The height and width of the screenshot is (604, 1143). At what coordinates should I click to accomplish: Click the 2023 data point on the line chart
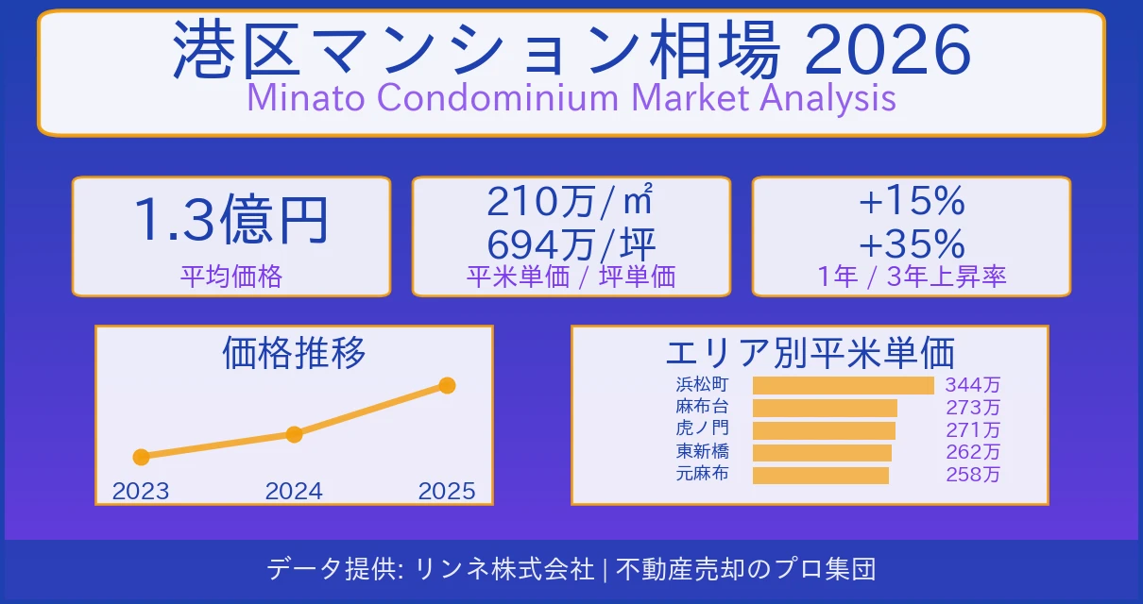(141, 457)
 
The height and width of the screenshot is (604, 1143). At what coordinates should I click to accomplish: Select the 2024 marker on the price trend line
(294, 434)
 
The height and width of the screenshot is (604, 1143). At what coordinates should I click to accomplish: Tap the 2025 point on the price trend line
(448, 385)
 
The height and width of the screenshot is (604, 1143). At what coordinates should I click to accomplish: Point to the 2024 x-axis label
(294, 491)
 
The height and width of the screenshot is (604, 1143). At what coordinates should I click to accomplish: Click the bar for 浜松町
(843, 385)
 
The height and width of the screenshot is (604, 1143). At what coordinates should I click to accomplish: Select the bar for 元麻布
(820, 475)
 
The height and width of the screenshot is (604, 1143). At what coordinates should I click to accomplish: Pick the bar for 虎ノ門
(824, 430)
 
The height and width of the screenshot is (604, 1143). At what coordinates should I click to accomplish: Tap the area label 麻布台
(702, 408)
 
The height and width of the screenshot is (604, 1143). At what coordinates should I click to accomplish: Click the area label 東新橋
(702, 452)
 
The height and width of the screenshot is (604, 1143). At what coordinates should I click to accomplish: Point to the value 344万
(973, 385)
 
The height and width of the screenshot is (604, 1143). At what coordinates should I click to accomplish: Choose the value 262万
(973, 452)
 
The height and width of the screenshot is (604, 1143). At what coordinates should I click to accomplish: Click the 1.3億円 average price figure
(231, 220)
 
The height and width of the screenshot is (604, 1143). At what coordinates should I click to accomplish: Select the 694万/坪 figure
(571, 245)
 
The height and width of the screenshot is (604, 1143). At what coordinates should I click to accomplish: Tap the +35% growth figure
(912, 245)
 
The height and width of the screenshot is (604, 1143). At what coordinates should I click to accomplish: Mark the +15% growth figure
(912, 201)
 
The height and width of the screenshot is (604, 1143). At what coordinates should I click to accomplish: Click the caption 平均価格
(231, 277)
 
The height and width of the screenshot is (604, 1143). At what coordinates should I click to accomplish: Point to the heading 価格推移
(294, 353)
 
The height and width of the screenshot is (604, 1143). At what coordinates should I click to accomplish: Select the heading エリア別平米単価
(810, 353)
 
